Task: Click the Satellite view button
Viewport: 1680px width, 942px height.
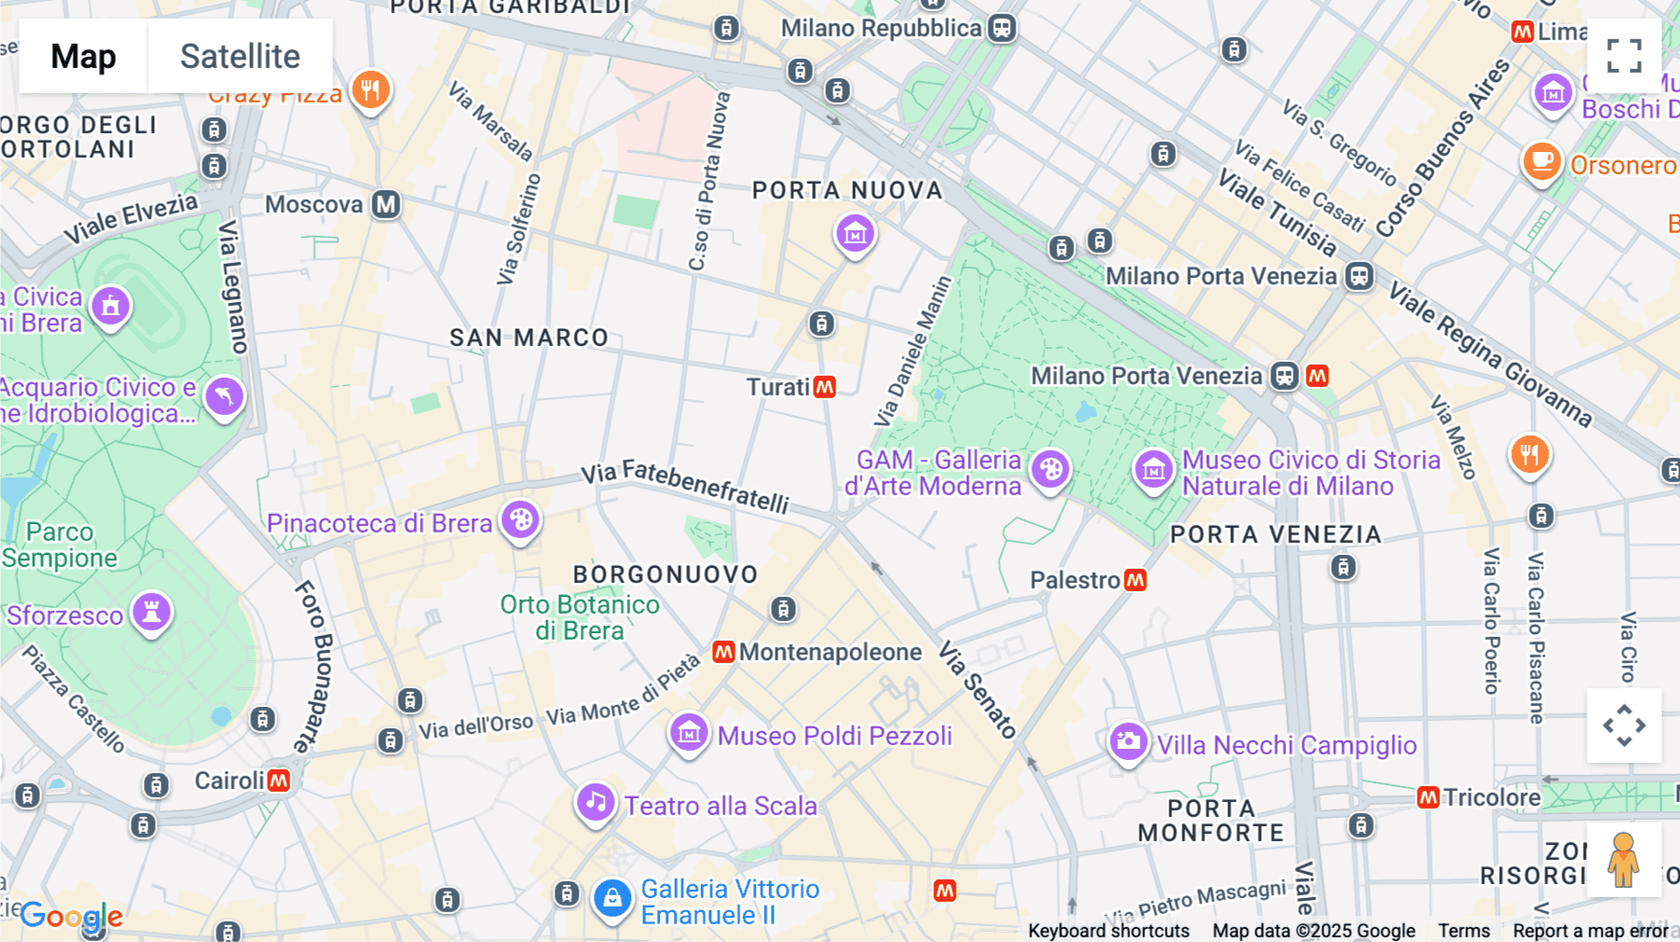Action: [240, 56]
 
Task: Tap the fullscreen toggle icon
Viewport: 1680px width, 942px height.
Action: [1624, 56]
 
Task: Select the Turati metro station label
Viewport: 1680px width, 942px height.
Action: [778, 387]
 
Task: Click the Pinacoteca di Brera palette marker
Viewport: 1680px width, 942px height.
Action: [521, 519]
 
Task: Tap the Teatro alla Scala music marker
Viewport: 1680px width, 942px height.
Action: [595, 802]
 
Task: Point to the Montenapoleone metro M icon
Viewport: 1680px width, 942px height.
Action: [723, 652]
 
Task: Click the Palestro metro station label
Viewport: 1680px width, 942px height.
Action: [1074, 580]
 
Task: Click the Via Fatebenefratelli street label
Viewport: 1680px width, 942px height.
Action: [685, 486]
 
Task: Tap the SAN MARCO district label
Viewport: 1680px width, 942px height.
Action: [529, 338]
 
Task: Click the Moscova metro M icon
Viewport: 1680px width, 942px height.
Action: [386, 204]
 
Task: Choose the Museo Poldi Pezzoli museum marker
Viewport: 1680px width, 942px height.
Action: [689, 732]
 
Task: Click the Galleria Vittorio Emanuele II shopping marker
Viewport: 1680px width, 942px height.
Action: [612, 898]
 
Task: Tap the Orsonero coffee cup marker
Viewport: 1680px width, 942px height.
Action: [1542, 161]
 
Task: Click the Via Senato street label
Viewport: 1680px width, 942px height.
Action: [976, 689]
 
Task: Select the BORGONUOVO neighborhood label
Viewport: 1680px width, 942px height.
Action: [665, 575]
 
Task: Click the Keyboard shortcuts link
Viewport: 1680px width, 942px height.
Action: [1109, 931]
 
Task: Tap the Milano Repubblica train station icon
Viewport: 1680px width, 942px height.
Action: [1001, 28]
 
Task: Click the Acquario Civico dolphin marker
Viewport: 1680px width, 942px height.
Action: [224, 396]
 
